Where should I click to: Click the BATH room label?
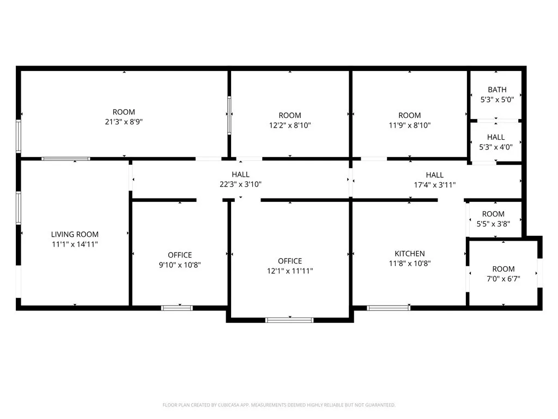pyautogui.click(x=497, y=89)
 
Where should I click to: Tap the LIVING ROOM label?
pyautogui.click(x=75, y=235)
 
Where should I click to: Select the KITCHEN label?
pyautogui.click(x=410, y=254)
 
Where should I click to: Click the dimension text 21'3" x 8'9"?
pyautogui.click(x=124, y=122)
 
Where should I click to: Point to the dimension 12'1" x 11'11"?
pyautogui.click(x=289, y=271)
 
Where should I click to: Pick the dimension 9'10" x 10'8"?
pyautogui.click(x=180, y=265)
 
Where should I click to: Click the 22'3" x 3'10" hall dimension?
pyautogui.click(x=240, y=184)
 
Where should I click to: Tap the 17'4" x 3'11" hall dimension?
pyautogui.click(x=434, y=185)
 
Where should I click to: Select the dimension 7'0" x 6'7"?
pyautogui.click(x=503, y=279)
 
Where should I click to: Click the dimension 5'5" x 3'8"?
pyautogui.click(x=493, y=224)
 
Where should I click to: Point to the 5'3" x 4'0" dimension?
pyautogui.click(x=496, y=147)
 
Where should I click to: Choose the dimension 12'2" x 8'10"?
pyautogui.click(x=290, y=125)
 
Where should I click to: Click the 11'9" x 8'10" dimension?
pyautogui.click(x=409, y=125)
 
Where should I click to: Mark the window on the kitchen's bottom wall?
pyautogui.click(x=388, y=308)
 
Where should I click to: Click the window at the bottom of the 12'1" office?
pyautogui.click(x=289, y=320)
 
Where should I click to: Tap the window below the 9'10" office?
pyautogui.click(x=177, y=308)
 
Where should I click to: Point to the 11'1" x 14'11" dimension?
pyautogui.click(x=75, y=244)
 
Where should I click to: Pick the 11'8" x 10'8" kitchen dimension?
pyautogui.click(x=410, y=264)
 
